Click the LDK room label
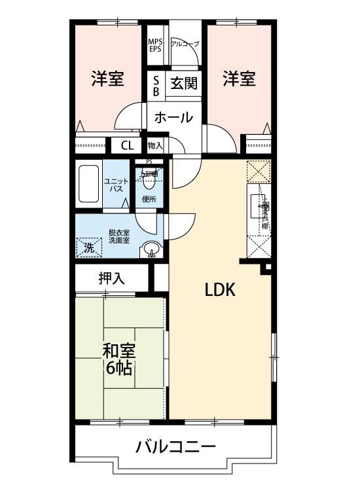click(x=220, y=291)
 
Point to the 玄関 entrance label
click(x=184, y=84)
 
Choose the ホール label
click(x=173, y=118)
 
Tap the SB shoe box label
click(x=156, y=85)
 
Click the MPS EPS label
click(x=155, y=45)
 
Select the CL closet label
click(x=127, y=145)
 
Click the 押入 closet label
click(x=111, y=278)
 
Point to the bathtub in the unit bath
click(x=87, y=185)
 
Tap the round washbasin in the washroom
click(x=152, y=249)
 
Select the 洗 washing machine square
click(x=89, y=247)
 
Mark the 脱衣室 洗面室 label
click(x=118, y=236)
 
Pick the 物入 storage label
click(x=155, y=145)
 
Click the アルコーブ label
click(x=185, y=44)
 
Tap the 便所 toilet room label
click(x=149, y=199)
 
